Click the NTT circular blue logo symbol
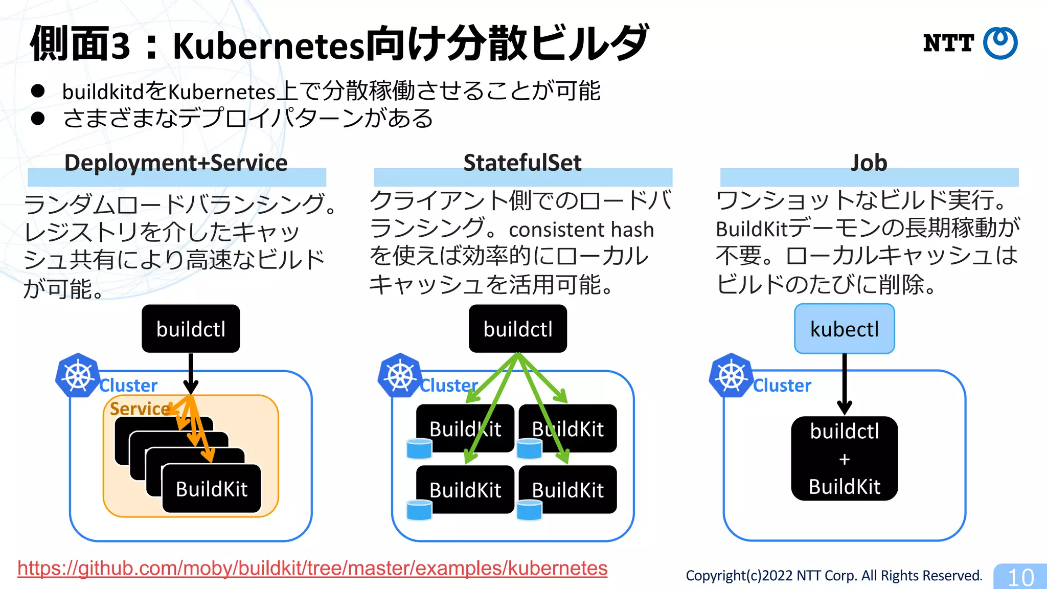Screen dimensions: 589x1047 pos(1000,43)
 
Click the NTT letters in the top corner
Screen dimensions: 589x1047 pos(948,43)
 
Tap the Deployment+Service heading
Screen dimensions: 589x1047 pos(176,163)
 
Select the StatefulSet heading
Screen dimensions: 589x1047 pos(522,163)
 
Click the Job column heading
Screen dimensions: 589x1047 pos(869,163)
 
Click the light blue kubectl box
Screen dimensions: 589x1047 pos(844,329)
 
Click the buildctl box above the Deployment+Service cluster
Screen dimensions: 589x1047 pos(191,329)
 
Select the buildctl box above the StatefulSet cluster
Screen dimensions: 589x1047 pos(517,329)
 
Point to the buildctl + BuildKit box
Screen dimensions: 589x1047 pos(844,459)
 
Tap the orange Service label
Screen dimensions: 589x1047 pos(139,409)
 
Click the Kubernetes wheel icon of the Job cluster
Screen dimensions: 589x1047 pos(731,376)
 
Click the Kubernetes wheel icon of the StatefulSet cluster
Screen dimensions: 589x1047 pos(400,376)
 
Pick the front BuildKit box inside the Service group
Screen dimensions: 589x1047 pos(212,489)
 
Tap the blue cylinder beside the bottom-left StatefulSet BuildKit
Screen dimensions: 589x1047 pos(419,510)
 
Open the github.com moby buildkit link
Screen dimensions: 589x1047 pos(312,569)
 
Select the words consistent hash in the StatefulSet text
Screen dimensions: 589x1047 pos(581,230)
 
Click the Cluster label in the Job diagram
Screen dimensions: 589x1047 pos(782,386)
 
